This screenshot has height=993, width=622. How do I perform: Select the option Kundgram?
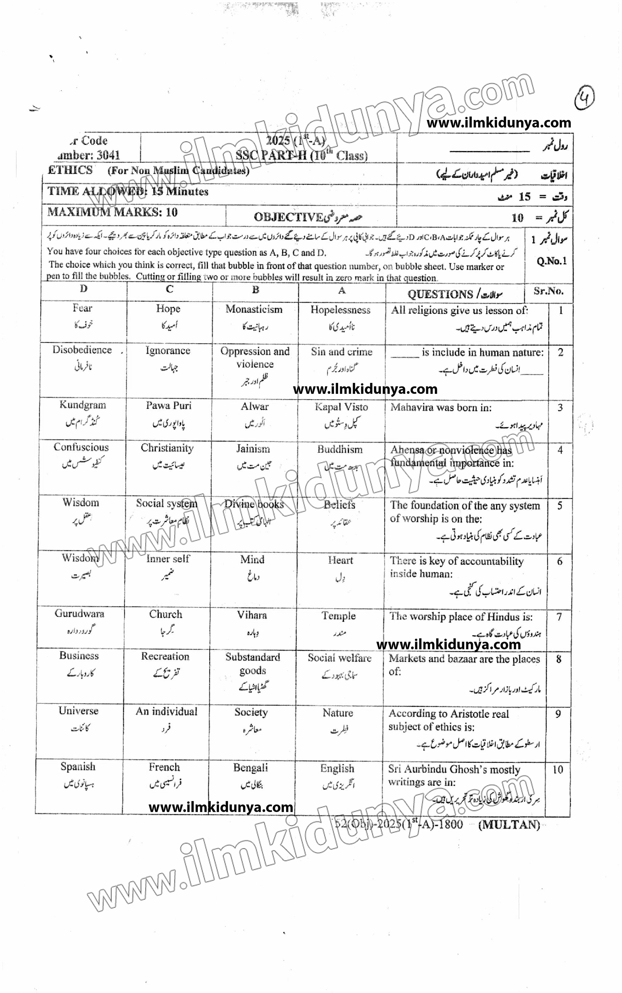point(83,405)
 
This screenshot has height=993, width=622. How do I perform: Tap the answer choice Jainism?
point(253,449)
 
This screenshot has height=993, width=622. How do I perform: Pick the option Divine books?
point(254,504)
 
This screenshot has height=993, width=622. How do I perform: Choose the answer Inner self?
point(168,559)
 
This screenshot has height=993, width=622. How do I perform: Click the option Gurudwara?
point(79,614)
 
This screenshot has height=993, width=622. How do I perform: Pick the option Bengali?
point(251,767)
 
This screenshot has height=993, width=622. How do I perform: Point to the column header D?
point(84,289)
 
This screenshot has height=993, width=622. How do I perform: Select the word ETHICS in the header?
point(70,170)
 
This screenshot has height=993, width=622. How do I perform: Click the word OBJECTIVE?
point(288,217)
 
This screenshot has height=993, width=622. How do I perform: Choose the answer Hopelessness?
point(340,310)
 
